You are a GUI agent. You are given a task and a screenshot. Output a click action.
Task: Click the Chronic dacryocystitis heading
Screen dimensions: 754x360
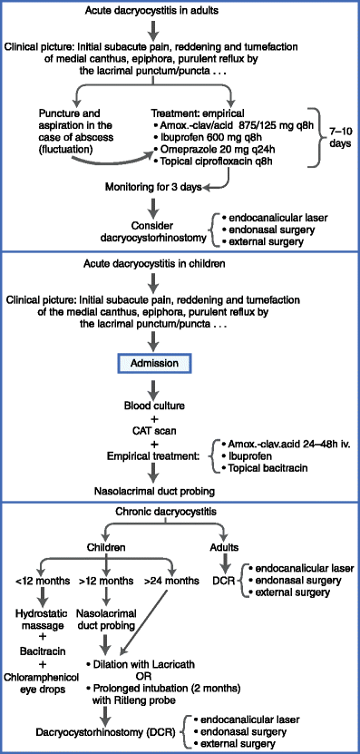179,513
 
